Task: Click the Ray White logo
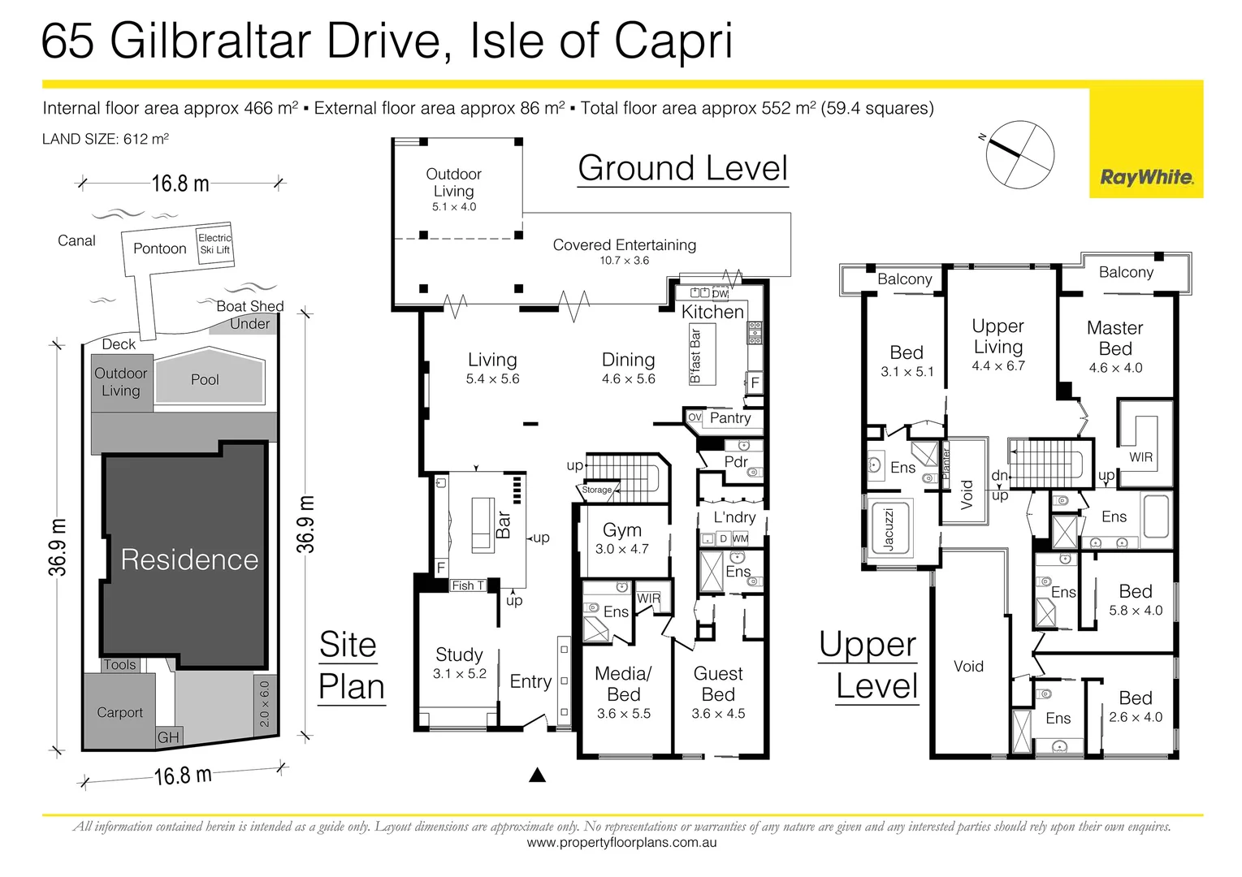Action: click(x=1146, y=177)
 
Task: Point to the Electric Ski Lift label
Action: click(x=214, y=244)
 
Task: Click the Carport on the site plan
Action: click(x=119, y=711)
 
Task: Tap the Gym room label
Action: click(x=622, y=529)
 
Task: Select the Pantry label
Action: click(x=730, y=417)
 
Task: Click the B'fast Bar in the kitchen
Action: click(x=701, y=354)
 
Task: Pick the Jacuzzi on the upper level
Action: click(x=889, y=529)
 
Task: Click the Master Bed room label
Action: click(x=1115, y=338)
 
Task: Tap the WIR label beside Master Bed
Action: click(x=1140, y=457)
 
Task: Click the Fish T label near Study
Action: click(x=468, y=585)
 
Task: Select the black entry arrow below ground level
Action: click(x=537, y=775)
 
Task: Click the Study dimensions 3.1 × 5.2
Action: click(x=459, y=673)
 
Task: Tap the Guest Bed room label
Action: click(x=718, y=684)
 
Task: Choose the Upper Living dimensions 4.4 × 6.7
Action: click(x=998, y=366)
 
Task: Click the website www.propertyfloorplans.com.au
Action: click(x=621, y=843)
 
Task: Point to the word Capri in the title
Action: click(x=673, y=41)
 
